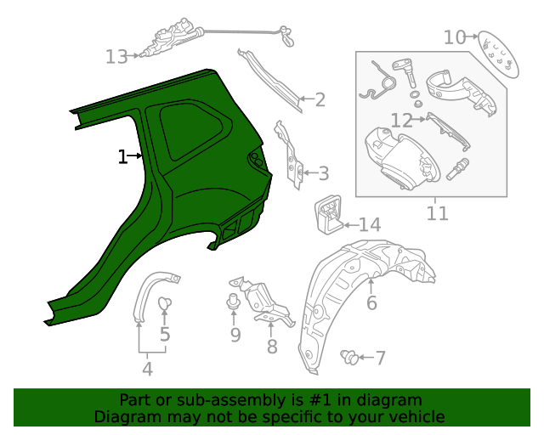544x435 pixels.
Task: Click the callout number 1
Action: [122, 156]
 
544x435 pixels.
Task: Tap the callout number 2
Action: [320, 99]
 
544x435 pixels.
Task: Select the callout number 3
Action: [323, 174]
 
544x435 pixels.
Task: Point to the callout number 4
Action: [147, 369]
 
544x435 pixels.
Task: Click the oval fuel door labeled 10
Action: [496, 54]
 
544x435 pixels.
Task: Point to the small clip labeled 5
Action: [165, 303]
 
